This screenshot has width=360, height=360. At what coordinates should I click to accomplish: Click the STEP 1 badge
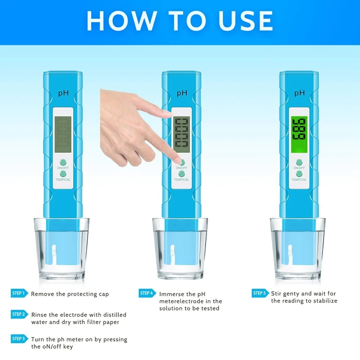(x=19, y=293)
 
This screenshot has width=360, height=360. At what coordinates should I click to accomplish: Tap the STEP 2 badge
(x=19, y=314)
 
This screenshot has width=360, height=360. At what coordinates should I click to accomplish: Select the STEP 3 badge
(x=19, y=338)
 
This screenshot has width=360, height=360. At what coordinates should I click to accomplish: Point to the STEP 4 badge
(x=147, y=293)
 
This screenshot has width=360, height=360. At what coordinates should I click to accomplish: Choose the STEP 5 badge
(x=260, y=293)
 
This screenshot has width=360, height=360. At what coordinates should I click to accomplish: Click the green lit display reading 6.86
(x=299, y=134)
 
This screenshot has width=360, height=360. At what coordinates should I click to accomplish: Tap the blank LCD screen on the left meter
(x=62, y=134)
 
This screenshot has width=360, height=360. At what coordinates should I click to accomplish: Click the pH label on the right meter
(x=299, y=93)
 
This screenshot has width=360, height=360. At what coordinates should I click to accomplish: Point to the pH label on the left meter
(x=62, y=93)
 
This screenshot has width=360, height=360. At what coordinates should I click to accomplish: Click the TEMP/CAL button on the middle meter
(x=182, y=173)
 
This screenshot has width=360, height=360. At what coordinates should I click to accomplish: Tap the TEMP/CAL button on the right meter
(x=299, y=173)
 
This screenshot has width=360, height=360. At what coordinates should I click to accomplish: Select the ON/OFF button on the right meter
(x=299, y=162)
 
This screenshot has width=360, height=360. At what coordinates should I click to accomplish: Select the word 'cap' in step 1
(x=103, y=294)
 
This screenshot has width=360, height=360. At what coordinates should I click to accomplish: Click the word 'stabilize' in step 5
(x=323, y=301)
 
